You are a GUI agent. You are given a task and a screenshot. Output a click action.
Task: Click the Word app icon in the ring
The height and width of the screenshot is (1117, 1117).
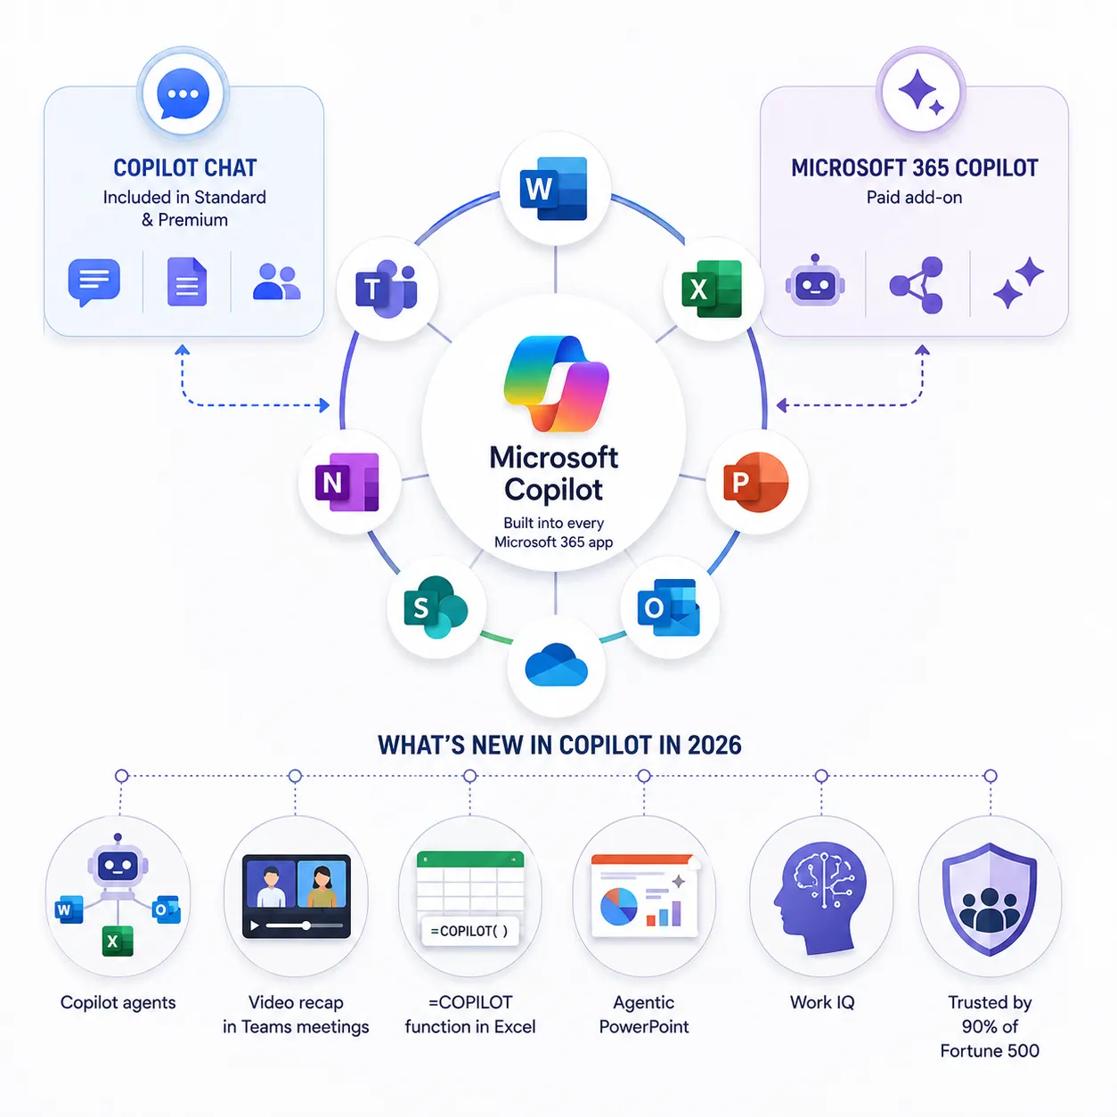(x=553, y=188)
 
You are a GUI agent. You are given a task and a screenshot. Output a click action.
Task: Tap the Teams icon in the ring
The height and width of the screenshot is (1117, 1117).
(x=386, y=289)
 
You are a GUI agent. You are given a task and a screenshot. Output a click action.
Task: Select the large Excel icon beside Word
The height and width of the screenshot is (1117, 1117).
(x=712, y=289)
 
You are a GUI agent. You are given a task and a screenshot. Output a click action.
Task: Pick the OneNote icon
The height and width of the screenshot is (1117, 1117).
(x=347, y=482)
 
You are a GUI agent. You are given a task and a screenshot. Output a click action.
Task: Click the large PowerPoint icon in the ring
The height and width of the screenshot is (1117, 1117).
(x=756, y=482)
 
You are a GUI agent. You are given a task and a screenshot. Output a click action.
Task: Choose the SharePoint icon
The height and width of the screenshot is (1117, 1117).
(x=436, y=607)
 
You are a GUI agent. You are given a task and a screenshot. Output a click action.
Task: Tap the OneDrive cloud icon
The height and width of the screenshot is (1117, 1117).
(x=556, y=664)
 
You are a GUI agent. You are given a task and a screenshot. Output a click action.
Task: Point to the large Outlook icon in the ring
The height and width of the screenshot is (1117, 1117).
(x=668, y=607)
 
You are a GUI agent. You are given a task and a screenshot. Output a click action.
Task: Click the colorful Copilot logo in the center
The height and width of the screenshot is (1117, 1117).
(x=556, y=384)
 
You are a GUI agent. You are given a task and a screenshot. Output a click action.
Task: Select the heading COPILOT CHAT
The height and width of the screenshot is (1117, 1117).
(x=185, y=168)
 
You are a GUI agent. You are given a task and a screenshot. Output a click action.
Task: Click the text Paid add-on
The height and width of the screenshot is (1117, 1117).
(x=914, y=198)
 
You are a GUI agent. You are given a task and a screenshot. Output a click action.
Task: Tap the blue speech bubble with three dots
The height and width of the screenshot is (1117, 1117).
(x=183, y=94)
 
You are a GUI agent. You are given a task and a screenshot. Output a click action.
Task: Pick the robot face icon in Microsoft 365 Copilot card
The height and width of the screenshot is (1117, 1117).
(x=815, y=281)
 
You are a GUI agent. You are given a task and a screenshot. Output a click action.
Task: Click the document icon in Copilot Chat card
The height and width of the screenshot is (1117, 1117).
(x=187, y=281)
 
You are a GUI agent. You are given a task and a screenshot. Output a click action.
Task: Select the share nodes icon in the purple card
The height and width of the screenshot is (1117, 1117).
(x=917, y=285)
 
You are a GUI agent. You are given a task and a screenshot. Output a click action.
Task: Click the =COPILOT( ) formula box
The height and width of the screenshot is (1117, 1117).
(x=469, y=931)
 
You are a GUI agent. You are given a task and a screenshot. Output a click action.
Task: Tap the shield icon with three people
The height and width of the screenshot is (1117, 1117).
(x=990, y=899)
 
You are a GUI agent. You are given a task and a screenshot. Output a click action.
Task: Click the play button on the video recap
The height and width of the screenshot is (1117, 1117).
(x=255, y=925)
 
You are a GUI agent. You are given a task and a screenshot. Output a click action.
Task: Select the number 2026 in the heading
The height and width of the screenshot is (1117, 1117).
(x=714, y=746)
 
